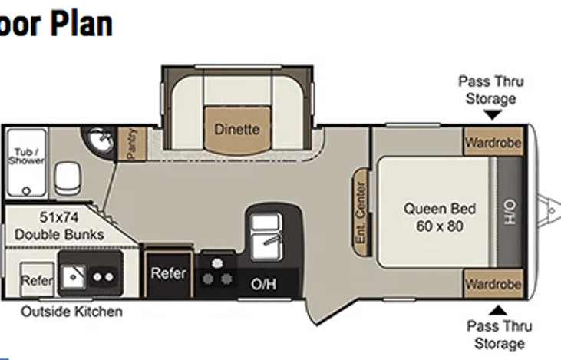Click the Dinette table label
point(236,129)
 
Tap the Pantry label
point(131,144)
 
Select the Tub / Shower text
point(26,157)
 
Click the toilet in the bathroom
point(67,178)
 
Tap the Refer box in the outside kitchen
point(36,281)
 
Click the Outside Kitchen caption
point(71,312)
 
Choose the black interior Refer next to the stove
point(168,273)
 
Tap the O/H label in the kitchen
point(263,285)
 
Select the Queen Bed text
point(440,209)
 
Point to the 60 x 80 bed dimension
point(440,226)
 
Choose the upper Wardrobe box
point(493,143)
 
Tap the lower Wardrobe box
point(493,284)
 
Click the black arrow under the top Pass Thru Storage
point(493,114)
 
